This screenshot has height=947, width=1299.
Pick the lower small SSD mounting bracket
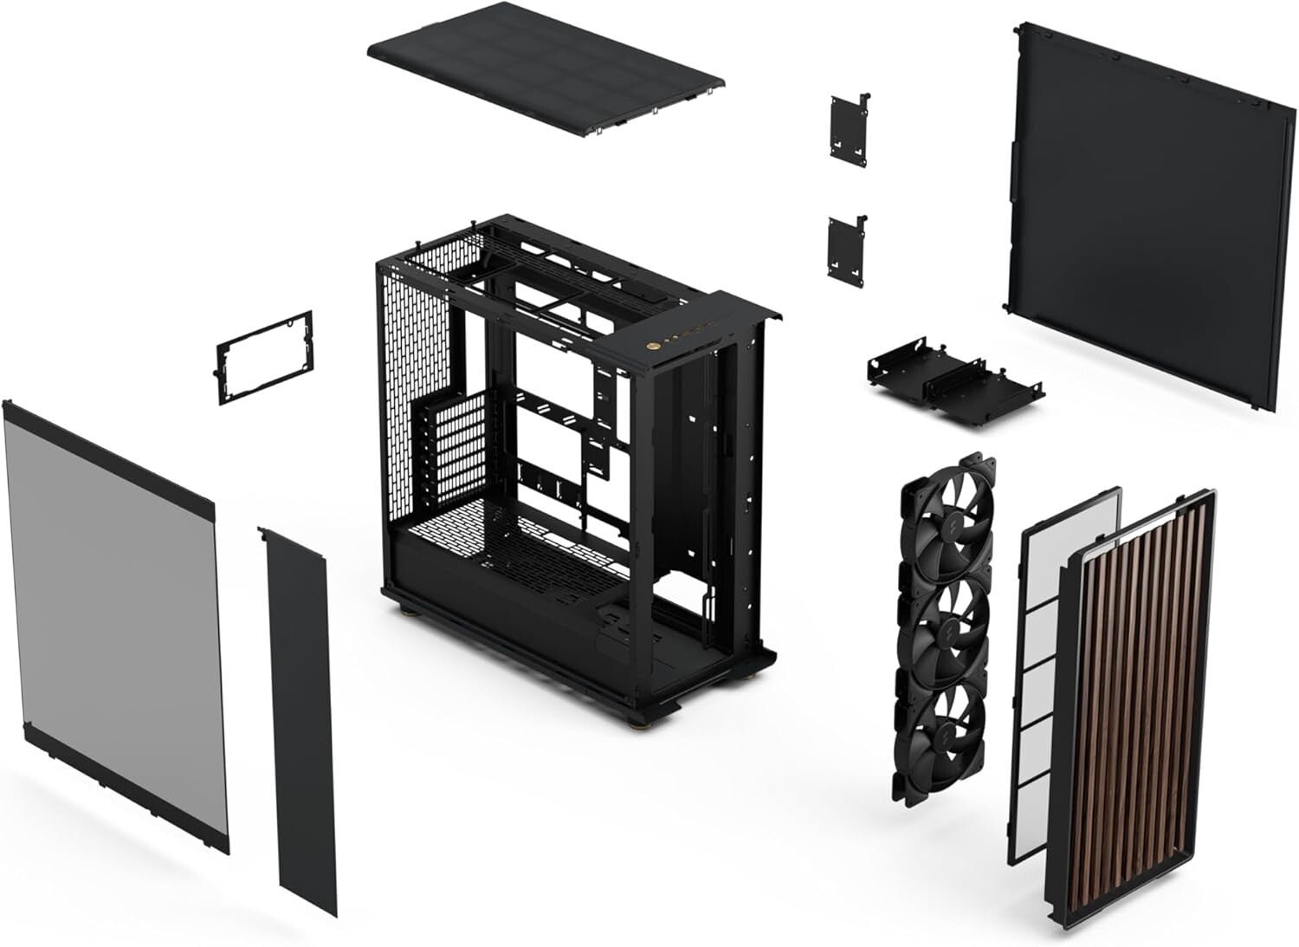tap(846, 247)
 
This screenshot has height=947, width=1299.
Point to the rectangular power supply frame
tap(263, 358)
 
